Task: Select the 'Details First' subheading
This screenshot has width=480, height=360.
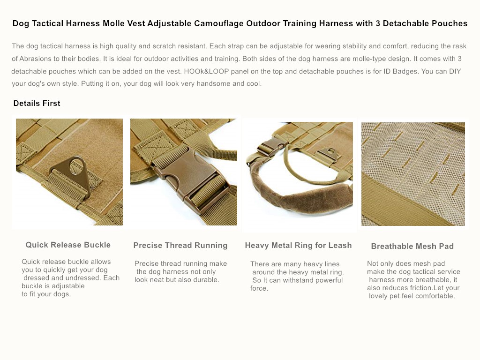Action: pos(37,103)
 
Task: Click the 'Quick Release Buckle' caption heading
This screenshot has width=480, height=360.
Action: pos(68,245)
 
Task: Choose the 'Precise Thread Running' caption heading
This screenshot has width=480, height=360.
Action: pos(180,245)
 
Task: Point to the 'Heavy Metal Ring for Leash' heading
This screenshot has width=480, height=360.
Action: pos(298,245)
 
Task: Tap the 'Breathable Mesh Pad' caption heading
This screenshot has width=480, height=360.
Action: pos(412,246)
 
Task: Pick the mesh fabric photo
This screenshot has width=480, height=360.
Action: pos(413,173)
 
